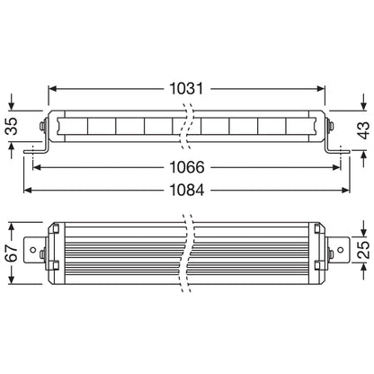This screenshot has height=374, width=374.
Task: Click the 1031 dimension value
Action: pyautogui.click(x=187, y=90)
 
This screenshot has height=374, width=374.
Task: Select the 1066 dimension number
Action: pyautogui.click(x=187, y=167)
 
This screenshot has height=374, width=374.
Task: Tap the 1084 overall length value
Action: pyautogui.click(x=187, y=191)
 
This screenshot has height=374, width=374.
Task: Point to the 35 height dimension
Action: pyautogui.click(x=12, y=127)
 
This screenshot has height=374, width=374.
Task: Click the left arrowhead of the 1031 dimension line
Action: pyautogui.click(x=52, y=90)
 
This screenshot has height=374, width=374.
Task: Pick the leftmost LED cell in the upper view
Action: pyautogui.click(x=76, y=126)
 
